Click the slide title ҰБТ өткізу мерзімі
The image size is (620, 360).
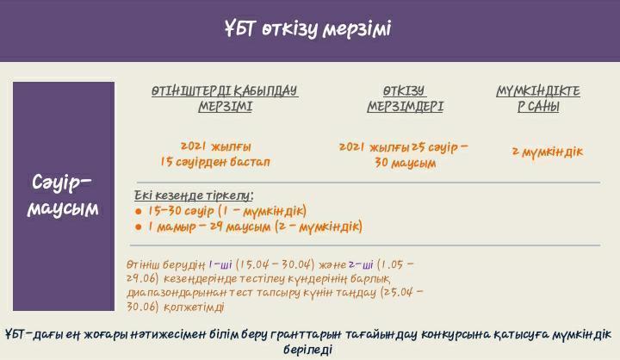307,29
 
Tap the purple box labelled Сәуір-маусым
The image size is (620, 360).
63,196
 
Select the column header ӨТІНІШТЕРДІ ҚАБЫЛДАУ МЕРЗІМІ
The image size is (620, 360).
225,99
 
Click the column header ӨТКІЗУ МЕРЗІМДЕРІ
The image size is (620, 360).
405,99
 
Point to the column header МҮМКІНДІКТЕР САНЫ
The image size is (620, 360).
538,99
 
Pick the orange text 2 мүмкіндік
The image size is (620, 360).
547,152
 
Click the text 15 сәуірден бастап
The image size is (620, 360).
215,162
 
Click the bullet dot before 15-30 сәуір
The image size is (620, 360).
139,211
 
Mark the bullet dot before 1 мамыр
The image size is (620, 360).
139,227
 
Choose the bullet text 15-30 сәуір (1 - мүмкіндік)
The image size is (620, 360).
226,211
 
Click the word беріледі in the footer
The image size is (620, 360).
307,350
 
